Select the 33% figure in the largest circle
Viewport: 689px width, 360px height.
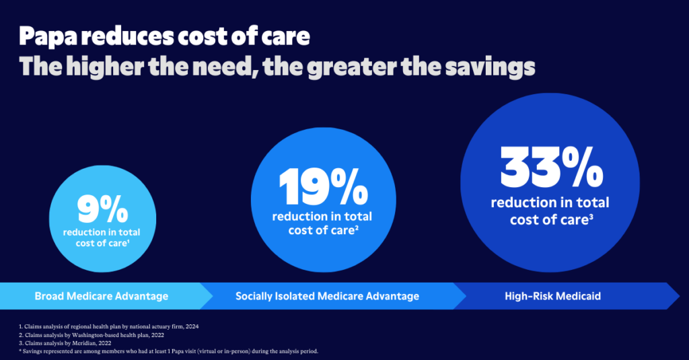[550, 169]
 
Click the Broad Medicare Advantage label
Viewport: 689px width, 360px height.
[102, 296]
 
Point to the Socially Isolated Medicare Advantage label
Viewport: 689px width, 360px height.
[327, 296]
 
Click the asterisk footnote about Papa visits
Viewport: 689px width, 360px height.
[168, 351]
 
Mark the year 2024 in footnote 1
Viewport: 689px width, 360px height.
[191, 326]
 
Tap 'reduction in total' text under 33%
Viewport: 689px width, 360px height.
[550, 203]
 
